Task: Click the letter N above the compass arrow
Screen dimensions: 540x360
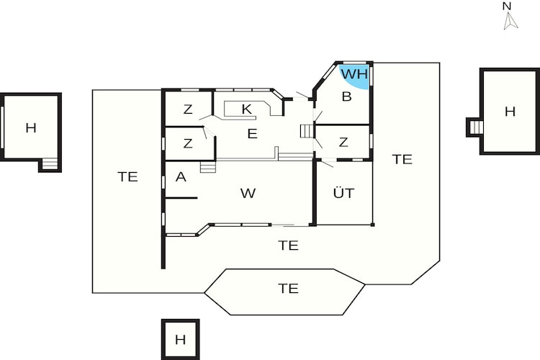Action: point(507,6)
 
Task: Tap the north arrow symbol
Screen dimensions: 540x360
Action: point(510,21)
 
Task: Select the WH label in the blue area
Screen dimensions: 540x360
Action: point(354,74)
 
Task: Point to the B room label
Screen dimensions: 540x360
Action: point(347,96)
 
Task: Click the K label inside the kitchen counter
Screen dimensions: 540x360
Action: point(246,109)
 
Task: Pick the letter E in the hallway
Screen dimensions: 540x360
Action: point(253,133)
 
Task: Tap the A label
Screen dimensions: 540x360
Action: point(181,177)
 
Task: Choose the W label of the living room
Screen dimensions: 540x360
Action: point(248,193)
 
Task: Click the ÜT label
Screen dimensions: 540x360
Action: point(343,192)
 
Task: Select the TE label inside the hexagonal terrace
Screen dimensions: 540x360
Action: point(288,288)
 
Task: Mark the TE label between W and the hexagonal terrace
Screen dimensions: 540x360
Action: point(288,246)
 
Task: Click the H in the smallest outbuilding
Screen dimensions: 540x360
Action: point(180,340)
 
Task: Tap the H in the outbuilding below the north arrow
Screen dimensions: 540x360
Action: point(510,112)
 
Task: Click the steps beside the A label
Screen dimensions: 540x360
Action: point(208,167)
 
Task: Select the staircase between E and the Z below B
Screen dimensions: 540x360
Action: point(307,131)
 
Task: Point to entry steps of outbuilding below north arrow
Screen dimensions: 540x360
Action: point(475,127)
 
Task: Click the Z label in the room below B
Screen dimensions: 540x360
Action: point(343,142)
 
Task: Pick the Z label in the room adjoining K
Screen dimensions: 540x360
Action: point(188,109)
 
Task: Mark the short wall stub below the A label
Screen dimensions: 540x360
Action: point(181,198)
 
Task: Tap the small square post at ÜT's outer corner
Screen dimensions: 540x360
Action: point(372,225)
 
